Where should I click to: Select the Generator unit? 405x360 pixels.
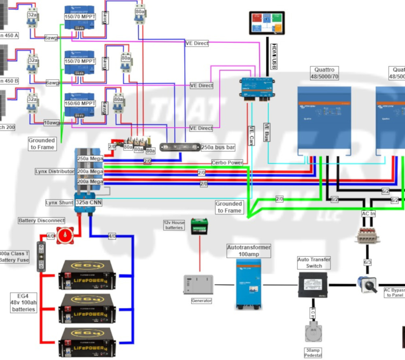click(198, 284)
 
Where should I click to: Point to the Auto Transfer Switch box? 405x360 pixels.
click(313, 285)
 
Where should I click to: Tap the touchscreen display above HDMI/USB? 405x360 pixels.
click(266, 23)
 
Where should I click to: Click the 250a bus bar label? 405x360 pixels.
click(218, 147)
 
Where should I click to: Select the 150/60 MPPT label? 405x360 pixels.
click(80, 103)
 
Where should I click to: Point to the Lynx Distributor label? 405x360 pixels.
click(55, 171)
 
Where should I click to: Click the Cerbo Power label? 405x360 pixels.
click(227, 163)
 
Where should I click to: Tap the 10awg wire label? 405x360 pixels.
click(51, 122)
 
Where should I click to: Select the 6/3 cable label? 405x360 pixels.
click(367, 262)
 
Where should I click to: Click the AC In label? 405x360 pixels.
click(369, 213)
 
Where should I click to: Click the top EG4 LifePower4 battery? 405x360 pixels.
click(87, 274)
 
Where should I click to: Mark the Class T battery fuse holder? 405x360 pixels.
click(41, 257)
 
